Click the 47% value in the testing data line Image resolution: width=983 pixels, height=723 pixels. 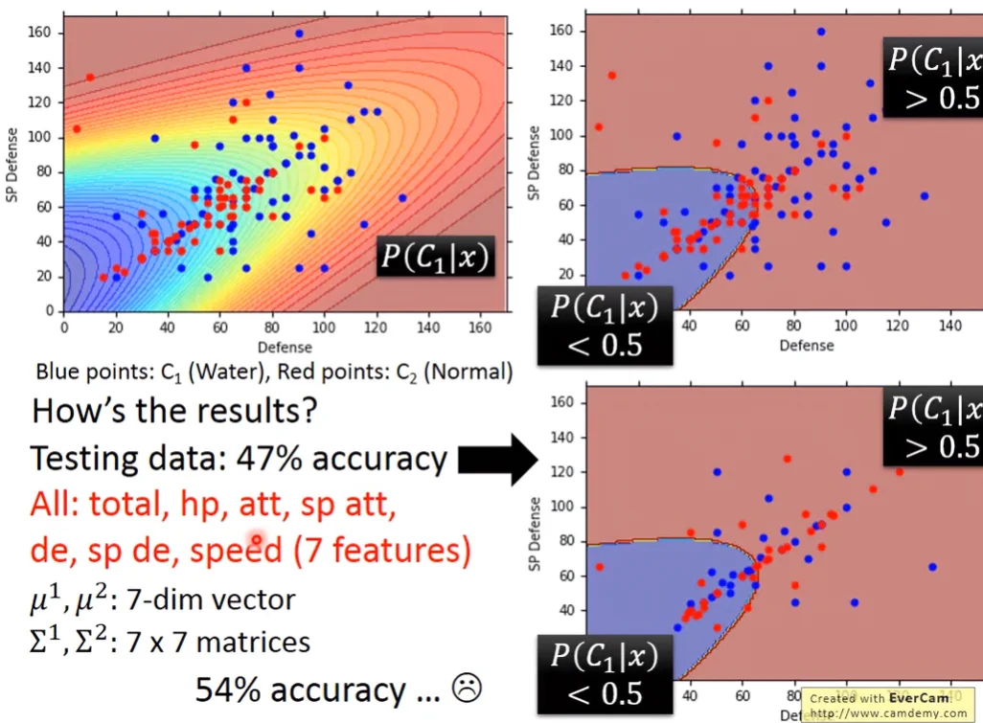[269, 460]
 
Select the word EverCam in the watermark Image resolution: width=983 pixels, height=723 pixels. [922, 698]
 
